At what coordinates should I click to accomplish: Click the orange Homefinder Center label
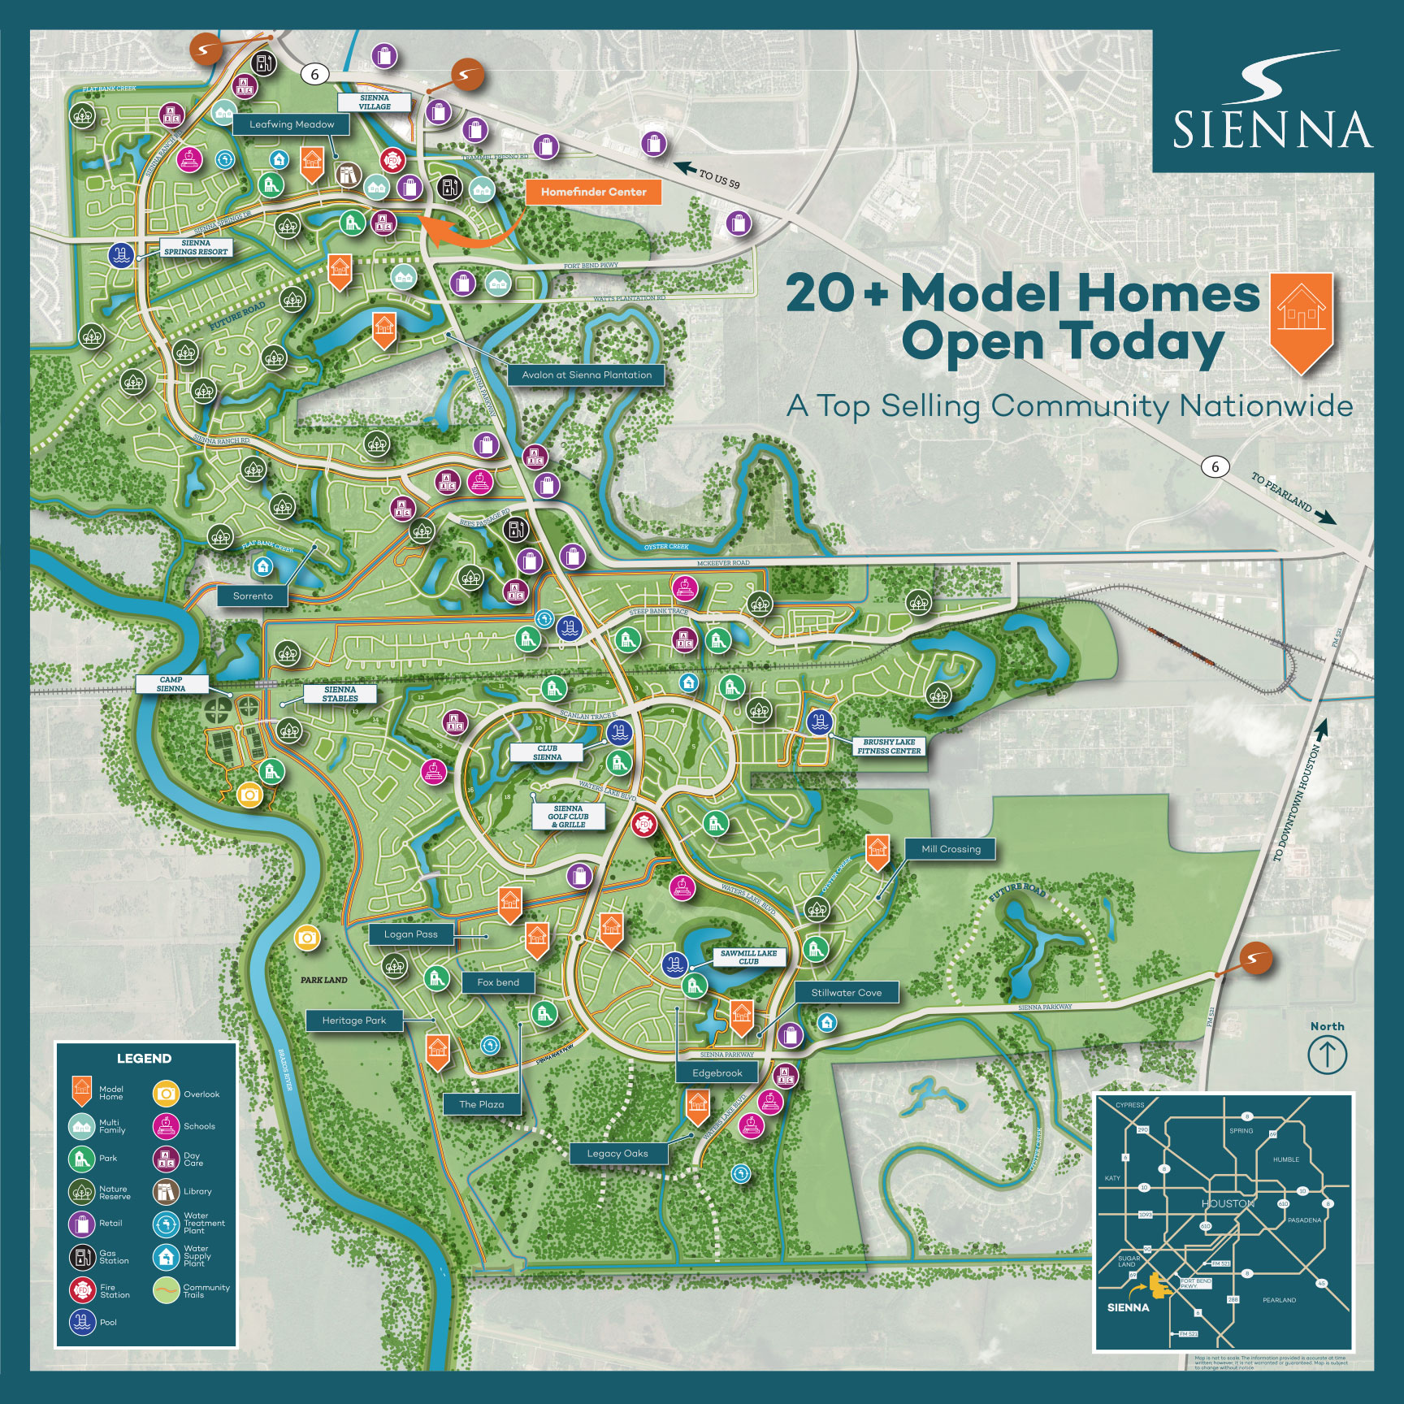tap(593, 193)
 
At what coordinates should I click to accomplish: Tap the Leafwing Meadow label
tap(292, 124)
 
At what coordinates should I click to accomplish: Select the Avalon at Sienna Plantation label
tap(586, 375)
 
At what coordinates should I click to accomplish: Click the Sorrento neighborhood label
tap(253, 596)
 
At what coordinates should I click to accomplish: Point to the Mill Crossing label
tap(951, 849)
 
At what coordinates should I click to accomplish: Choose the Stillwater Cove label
tap(846, 993)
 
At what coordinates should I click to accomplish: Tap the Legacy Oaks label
tap(617, 1154)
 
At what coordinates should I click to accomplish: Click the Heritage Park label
tap(353, 1020)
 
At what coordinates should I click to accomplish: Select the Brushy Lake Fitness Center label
tap(889, 747)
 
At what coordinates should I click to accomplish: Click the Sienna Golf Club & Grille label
tap(569, 817)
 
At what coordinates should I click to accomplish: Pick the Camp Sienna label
tap(171, 684)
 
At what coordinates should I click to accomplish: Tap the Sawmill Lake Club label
tap(748, 957)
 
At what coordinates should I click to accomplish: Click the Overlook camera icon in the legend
tap(166, 1094)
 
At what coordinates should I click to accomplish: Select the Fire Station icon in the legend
tap(82, 1289)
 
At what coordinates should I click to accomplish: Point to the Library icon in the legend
tap(166, 1191)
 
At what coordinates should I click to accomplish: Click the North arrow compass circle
tap(1327, 1055)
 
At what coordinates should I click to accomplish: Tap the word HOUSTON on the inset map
tap(1228, 1203)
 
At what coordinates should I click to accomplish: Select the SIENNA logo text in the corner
tap(1272, 130)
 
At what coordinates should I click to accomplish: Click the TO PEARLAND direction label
tap(1281, 492)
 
